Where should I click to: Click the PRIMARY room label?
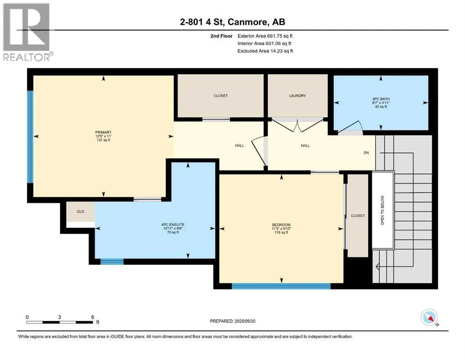(103, 132)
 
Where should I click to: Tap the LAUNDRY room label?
(297, 96)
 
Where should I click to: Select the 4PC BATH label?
(381, 99)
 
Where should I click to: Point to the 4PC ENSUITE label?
(173, 225)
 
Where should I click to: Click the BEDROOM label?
(281, 225)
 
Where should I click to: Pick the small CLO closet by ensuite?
(81, 211)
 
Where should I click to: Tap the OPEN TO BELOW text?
(383, 210)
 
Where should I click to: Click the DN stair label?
(366, 152)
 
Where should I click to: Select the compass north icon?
(429, 317)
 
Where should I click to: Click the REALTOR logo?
(27, 32)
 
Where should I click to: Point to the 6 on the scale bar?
(93, 317)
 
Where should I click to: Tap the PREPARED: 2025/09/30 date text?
(232, 321)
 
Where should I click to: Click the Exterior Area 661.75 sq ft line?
(265, 36)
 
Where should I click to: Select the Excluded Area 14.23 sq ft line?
(265, 51)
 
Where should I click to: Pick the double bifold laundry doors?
(298, 125)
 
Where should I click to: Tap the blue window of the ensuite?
(112, 262)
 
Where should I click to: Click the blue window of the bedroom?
(281, 286)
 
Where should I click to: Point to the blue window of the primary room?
(30, 136)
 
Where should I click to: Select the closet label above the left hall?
(221, 96)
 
